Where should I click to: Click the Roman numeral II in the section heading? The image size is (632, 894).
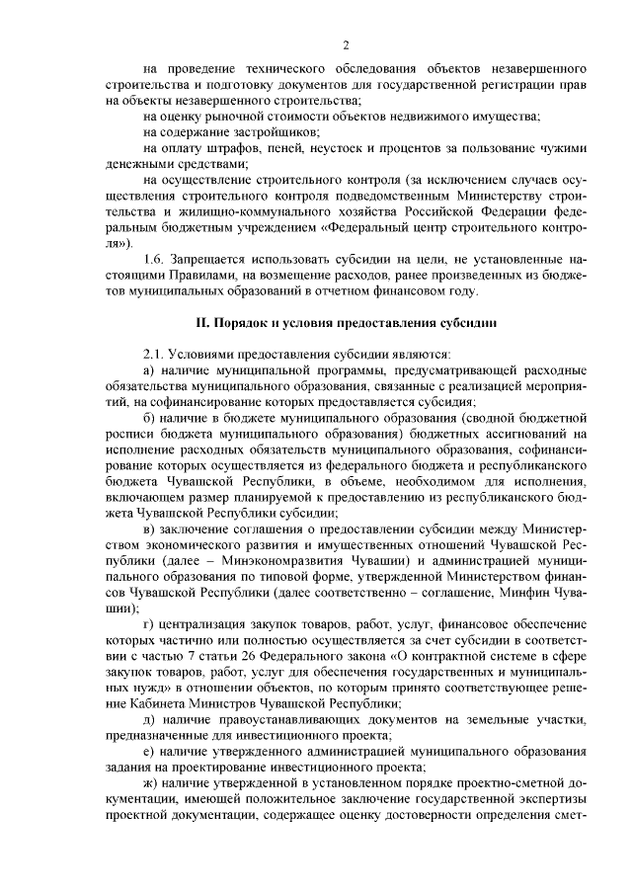coord(198,323)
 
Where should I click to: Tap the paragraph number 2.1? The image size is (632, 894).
coord(155,353)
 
